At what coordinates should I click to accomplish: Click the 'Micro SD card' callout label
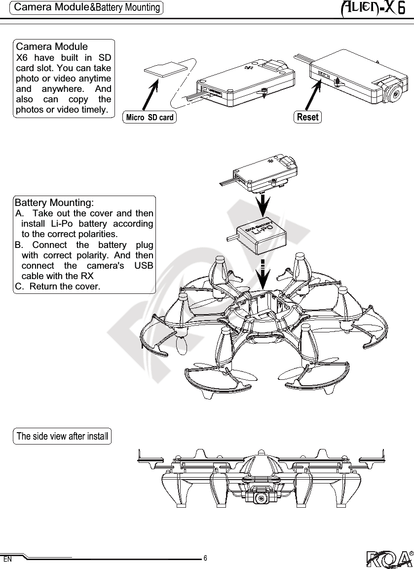tap(150, 118)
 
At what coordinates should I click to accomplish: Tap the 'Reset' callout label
tap(307, 117)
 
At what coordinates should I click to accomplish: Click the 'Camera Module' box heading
tap(52, 47)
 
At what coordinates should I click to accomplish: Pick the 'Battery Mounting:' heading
tap(55, 203)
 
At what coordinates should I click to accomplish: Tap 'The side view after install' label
tap(62, 436)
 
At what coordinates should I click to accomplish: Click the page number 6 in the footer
tap(205, 558)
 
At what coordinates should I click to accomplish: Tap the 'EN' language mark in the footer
tap(7, 560)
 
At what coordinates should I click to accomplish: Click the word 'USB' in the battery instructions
tap(143, 266)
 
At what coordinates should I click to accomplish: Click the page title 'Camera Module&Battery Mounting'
tap(87, 7)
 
